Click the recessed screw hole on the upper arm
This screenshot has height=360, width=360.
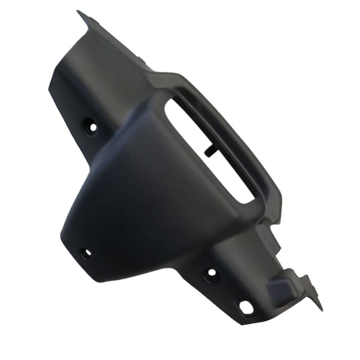(x=90, y=126)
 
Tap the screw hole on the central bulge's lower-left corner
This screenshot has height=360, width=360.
(x=85, y=253)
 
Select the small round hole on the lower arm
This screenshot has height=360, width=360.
(x=211, y=273)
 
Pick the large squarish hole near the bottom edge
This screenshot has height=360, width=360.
(x=247, y=307)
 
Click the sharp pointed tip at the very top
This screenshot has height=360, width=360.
(x=78, y=11)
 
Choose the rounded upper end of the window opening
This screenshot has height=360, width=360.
(x=173, y=101)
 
